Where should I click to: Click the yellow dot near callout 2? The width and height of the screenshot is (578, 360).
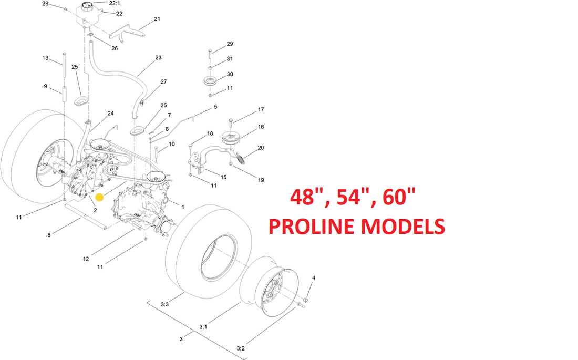coord(99,198)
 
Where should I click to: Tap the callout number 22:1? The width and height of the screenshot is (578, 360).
coord(115,3)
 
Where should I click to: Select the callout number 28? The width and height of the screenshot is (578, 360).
coord(45,4)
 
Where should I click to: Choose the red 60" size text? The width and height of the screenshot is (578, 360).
coord(399,197)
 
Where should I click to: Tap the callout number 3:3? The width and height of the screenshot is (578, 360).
coord(164,304)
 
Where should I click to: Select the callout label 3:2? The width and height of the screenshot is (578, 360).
coord(240,348)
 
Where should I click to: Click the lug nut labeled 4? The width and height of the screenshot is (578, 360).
coord(306,300)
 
